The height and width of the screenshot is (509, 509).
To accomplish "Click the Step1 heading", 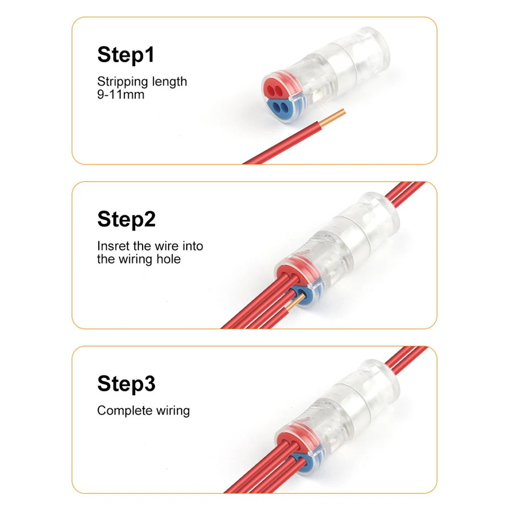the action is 125,54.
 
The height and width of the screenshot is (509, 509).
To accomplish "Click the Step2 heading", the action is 126,219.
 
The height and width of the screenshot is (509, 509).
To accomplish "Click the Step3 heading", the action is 126,384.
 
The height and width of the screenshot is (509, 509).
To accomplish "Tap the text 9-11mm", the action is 121,94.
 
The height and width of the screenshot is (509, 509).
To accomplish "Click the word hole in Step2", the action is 169,259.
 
